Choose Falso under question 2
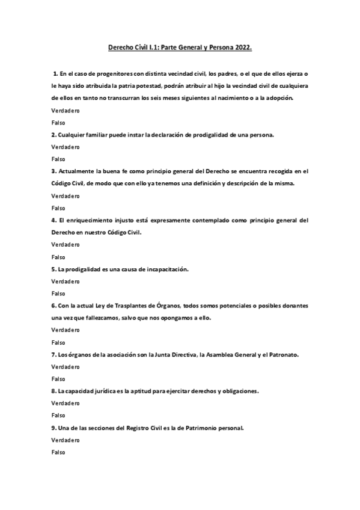[58, 159]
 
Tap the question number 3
[53, 171]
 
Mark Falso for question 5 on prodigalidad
[58, 293]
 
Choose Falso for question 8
[58, 416]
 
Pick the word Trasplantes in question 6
[141, 306]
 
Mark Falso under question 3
[58, 208]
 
